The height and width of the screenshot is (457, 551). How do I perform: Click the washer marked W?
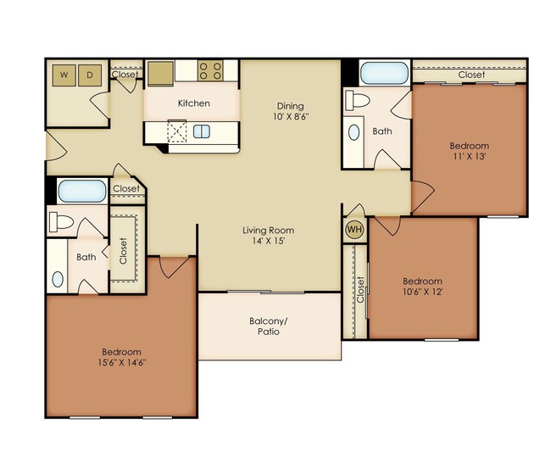click(x=64, y=75)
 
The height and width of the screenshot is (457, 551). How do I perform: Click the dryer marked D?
click(x=90, y=75)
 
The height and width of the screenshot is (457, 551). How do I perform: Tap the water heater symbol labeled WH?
click(x=353, y=229)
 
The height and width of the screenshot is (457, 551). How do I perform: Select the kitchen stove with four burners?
click(x=210, y=71)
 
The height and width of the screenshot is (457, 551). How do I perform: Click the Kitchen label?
click(x=193, y=103)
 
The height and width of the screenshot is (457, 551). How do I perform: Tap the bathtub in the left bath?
click(x=81, y=190)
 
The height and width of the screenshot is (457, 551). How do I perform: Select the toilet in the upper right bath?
click(x=359, y=101)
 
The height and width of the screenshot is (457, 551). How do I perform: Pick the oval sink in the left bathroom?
click(x=58, y=278)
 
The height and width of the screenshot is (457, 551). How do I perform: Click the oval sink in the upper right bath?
click(x=353, y=133)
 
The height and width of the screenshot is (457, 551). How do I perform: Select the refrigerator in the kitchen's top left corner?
click(x=161, y=73)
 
